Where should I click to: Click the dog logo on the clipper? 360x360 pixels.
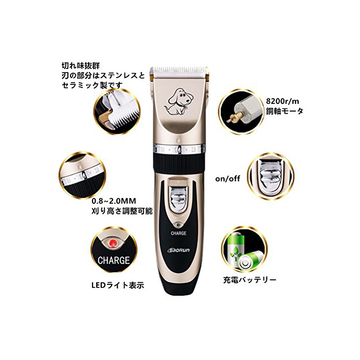(x=179, y=101)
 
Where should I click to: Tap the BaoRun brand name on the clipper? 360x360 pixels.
(x=178, y=250)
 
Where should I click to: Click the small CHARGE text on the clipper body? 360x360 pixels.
(x=178, y=233)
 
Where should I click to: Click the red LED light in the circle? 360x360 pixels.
(x=113, y=243)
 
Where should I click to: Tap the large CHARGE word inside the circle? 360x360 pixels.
(x=114, y=260)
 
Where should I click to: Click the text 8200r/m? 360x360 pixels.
(x=282, y=101)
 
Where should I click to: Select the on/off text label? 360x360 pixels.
(x=227, y=178)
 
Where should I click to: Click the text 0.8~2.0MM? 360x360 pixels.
(x=114, y=201)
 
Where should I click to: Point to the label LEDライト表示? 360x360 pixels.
(x=118, y=285)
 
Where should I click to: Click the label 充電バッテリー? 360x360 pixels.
(x=250, y=280)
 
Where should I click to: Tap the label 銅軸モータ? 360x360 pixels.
(x=284, y=111)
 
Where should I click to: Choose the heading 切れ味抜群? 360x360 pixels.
(x=81, y=66)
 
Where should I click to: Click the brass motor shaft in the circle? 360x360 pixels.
(x=235, y=117)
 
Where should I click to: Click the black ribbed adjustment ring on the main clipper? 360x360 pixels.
(x=178, y=163)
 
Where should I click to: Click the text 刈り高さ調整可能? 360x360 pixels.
(x=122, y=211)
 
